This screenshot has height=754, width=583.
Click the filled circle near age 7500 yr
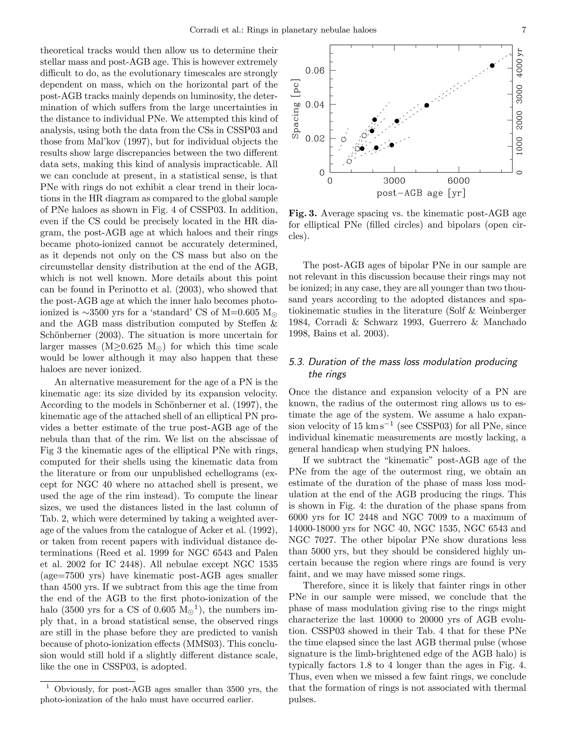coord(492,66)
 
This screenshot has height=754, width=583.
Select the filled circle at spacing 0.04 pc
coord(426,105)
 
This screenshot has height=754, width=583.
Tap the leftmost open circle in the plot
coord(343,139)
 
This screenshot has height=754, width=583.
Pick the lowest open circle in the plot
coord(349,161)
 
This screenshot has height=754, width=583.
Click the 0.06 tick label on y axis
coord(315,71)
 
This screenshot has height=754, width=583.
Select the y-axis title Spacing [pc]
coord(296,109)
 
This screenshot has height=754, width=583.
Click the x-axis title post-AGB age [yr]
coord(421,193)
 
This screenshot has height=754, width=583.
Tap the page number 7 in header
coord(524,30)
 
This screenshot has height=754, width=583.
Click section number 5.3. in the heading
coord(296,362)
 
